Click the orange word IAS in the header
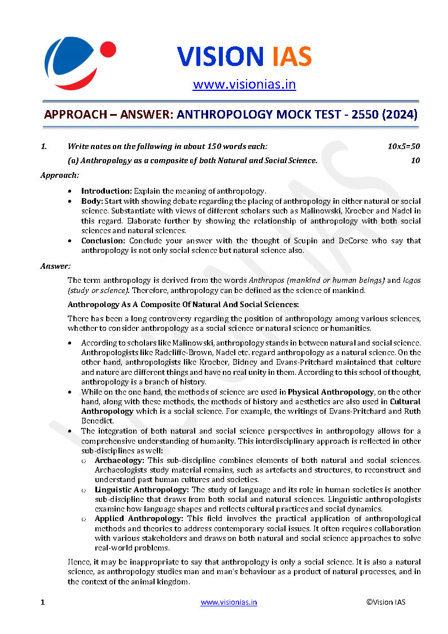click(288, 56)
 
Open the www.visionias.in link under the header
click(244, 85)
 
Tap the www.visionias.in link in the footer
click(229, 602)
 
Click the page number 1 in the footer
click(42, 602)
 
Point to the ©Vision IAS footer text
click(385, 602)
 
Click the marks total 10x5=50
click(403, 146)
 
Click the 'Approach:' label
click(59, 175)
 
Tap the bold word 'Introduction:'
click(107, 191)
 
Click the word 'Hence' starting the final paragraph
click(77, 562)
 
